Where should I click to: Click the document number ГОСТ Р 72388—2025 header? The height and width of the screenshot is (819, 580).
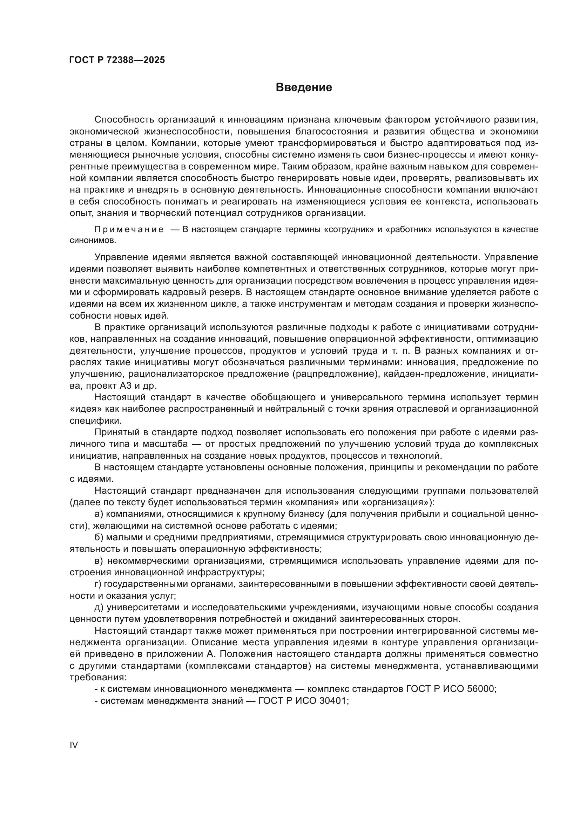click(x=117, y=60)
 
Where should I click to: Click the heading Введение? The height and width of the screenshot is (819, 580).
click(x=304, y=88)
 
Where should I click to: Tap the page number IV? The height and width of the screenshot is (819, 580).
click(x=74, y=744)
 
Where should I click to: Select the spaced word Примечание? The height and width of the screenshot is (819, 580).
click(x=129, y=229)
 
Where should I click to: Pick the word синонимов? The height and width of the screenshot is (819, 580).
click(x=93, y=241)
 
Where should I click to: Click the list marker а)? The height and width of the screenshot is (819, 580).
click(x=99, y=514)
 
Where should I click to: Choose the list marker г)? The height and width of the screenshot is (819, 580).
click(x=98, y=584)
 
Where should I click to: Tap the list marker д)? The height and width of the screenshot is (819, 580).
click(x=99, y=608)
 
